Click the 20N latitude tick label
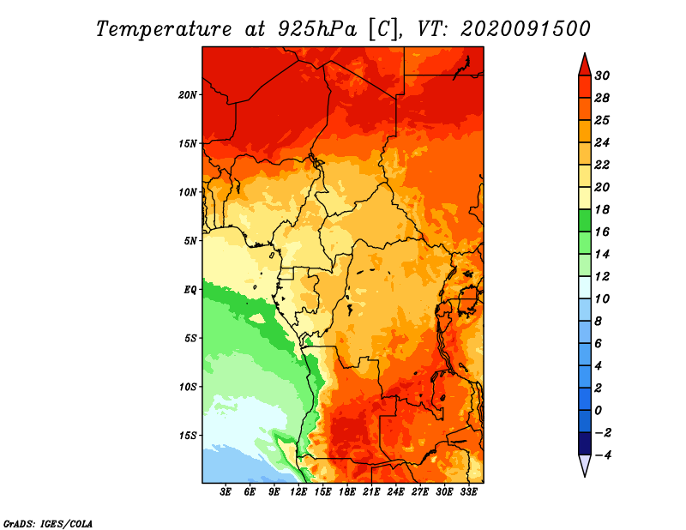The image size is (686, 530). pyautogui.click(x=187, y=95)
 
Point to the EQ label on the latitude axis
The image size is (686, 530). pyautogui.click(x=190, y=290)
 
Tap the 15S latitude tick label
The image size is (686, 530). pyautogui.click(x=187, y=436)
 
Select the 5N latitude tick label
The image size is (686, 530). pyautogui.click(x=190, y=241)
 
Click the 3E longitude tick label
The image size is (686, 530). pyautogui.click(x=226, y=492)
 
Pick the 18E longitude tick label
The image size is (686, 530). pyautogui.click(x=347, y=492)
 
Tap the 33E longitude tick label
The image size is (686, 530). pyautogui.click(x=468, y=492)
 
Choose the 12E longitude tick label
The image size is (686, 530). pyautogui.click(x=298, y=492)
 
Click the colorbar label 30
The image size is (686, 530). pyautogui.click(x=602, y=75)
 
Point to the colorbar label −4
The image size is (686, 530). pyautogui.click(x=602, y=455)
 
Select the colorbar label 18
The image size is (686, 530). pyautogui.click(x=602, y=209)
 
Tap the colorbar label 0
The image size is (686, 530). pyautogui.click(x=598, y=411)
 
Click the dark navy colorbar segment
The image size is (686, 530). pyautogui.click(x=585, y=443)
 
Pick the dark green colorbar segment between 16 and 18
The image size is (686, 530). pyautogui.click(x=585, y=220)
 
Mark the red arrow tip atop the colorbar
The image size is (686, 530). pyautogui.click(x=585, y=53)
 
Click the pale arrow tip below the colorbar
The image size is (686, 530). pyautogui.click(x=585, y=477)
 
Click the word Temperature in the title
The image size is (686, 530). pyautogui.click(x=164, y=29)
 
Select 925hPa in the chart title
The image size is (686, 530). pyautogui.click(x=317, y=29)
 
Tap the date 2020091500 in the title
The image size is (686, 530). pyautogui.click(x=526, y=29)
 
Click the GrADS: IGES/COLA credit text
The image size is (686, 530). pyautogui.click(x=48, y=524)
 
